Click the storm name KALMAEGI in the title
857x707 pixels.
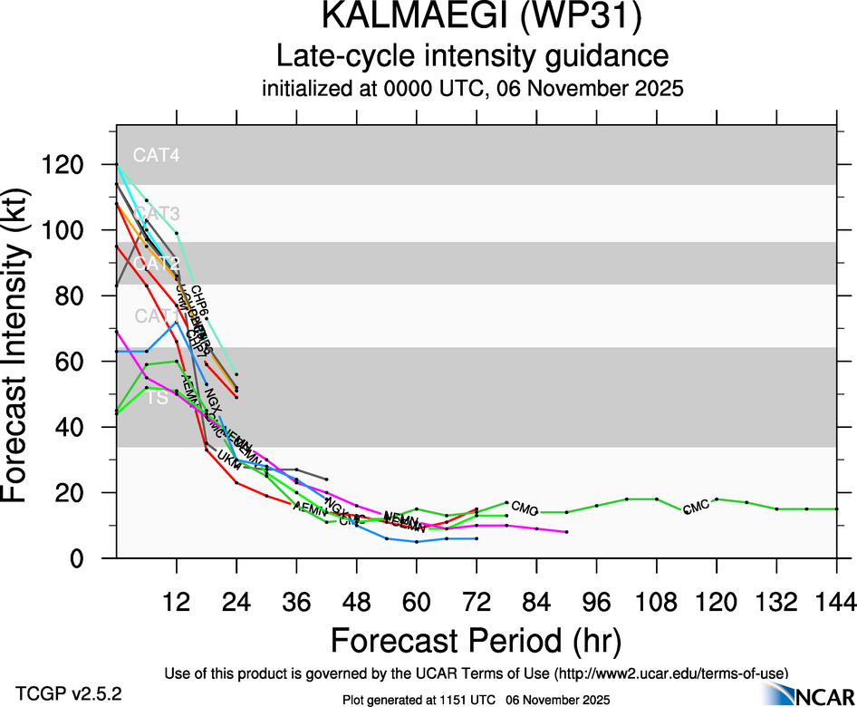[395, 20]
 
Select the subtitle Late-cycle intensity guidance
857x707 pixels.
[472, 57]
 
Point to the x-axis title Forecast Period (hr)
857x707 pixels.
[476, 640]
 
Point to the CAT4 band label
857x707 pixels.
[156, 155]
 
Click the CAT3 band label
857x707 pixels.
[156, 214]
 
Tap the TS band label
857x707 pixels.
[158, 397]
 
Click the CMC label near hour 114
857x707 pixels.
[696, 508]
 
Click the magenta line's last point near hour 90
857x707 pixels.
[566, 532]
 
